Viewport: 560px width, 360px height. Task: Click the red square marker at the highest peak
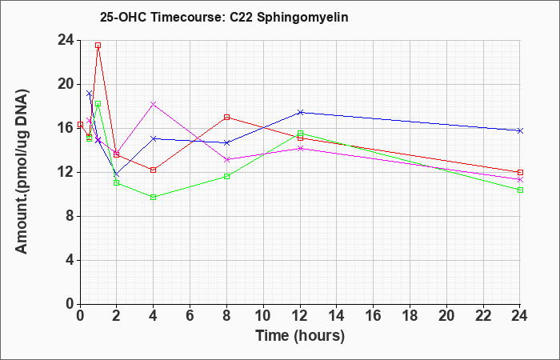click(98, 46)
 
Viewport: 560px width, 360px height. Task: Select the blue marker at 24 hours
click(520, 130)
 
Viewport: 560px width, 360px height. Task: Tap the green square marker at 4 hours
click(154, 197)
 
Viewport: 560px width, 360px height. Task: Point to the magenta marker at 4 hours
click(154, 104)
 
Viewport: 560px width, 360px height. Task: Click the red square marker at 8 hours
click(226, 117)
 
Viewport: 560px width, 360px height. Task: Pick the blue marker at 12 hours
click(300, 113)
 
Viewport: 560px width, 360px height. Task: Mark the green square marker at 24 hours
click(520, 190)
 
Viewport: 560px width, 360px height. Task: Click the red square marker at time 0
click(80, 124)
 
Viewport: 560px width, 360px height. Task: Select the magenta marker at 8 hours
click(226, 160)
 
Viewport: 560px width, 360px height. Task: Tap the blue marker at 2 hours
click(116, 174)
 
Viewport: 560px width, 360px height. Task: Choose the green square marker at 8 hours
click(226, 177)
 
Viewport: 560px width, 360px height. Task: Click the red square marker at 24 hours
click(520, 173)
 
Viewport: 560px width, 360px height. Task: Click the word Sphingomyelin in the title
click(302, 18)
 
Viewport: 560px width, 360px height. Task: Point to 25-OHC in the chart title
click(123, 17)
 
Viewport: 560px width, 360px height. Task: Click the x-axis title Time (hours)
click(300, 336)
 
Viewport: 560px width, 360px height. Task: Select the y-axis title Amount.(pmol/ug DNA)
click(22, 172)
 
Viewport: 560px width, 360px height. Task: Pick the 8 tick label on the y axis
click(70, 217)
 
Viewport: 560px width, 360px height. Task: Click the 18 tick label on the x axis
click(410, 316)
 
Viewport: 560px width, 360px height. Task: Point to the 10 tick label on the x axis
click(263, 316)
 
